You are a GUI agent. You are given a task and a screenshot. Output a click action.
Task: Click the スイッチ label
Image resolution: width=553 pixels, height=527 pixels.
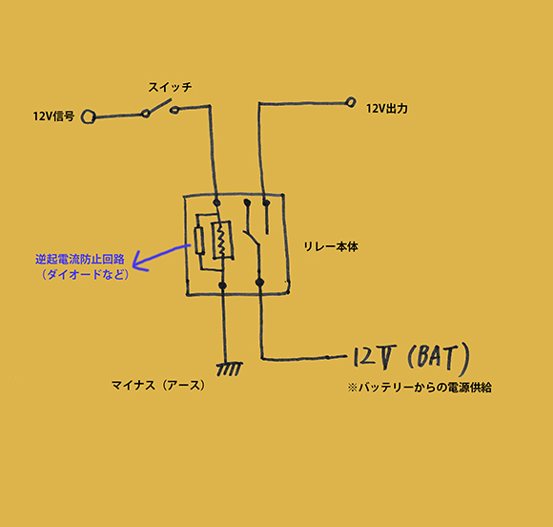(x=170, y=87)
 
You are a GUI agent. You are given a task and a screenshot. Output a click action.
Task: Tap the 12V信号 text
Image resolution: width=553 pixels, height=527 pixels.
(x=53, y=116)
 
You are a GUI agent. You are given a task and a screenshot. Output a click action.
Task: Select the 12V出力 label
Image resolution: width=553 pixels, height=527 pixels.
(x=386, y=109)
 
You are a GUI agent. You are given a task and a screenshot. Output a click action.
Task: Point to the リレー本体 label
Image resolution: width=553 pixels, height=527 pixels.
(x=331, y=246)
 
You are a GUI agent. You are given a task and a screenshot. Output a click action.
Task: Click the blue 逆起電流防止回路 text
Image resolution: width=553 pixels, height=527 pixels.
(x=80, y=260)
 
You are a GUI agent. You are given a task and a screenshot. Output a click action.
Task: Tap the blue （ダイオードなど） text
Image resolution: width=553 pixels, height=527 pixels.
(x=85, y=274)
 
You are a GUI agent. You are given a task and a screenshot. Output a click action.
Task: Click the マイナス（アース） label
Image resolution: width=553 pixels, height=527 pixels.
(x=158, y=385)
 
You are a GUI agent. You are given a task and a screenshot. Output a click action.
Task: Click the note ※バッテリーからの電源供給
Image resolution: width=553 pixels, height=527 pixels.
(x=420, y=388)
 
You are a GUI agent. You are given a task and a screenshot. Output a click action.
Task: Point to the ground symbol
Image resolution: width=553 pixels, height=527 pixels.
(x=229, y=369)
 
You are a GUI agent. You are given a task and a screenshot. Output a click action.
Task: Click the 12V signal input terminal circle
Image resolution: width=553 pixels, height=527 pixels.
(x=88, y=116)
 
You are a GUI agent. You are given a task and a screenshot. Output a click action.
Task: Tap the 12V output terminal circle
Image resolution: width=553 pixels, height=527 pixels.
(x=351, y=102)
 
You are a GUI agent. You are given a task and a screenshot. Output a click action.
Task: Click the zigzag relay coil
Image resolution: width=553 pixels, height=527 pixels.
(x=221, y=240)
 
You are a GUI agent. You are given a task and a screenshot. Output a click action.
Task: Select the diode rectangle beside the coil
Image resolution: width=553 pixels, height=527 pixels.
(x=199, y=241)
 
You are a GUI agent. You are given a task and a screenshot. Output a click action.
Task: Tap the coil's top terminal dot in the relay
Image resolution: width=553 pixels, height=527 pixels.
(x=216, y=202)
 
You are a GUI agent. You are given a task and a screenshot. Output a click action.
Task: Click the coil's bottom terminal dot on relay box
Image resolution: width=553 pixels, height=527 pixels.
(x=222, y=285)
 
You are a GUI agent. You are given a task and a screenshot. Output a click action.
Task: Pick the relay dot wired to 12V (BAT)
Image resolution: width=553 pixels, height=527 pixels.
(x=259, y=282)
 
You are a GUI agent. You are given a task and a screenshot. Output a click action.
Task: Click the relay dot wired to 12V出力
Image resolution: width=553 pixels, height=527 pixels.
(x=266, y=202)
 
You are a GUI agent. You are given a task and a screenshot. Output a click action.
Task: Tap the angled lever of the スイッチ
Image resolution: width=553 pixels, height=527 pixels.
(x=157, y=106)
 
